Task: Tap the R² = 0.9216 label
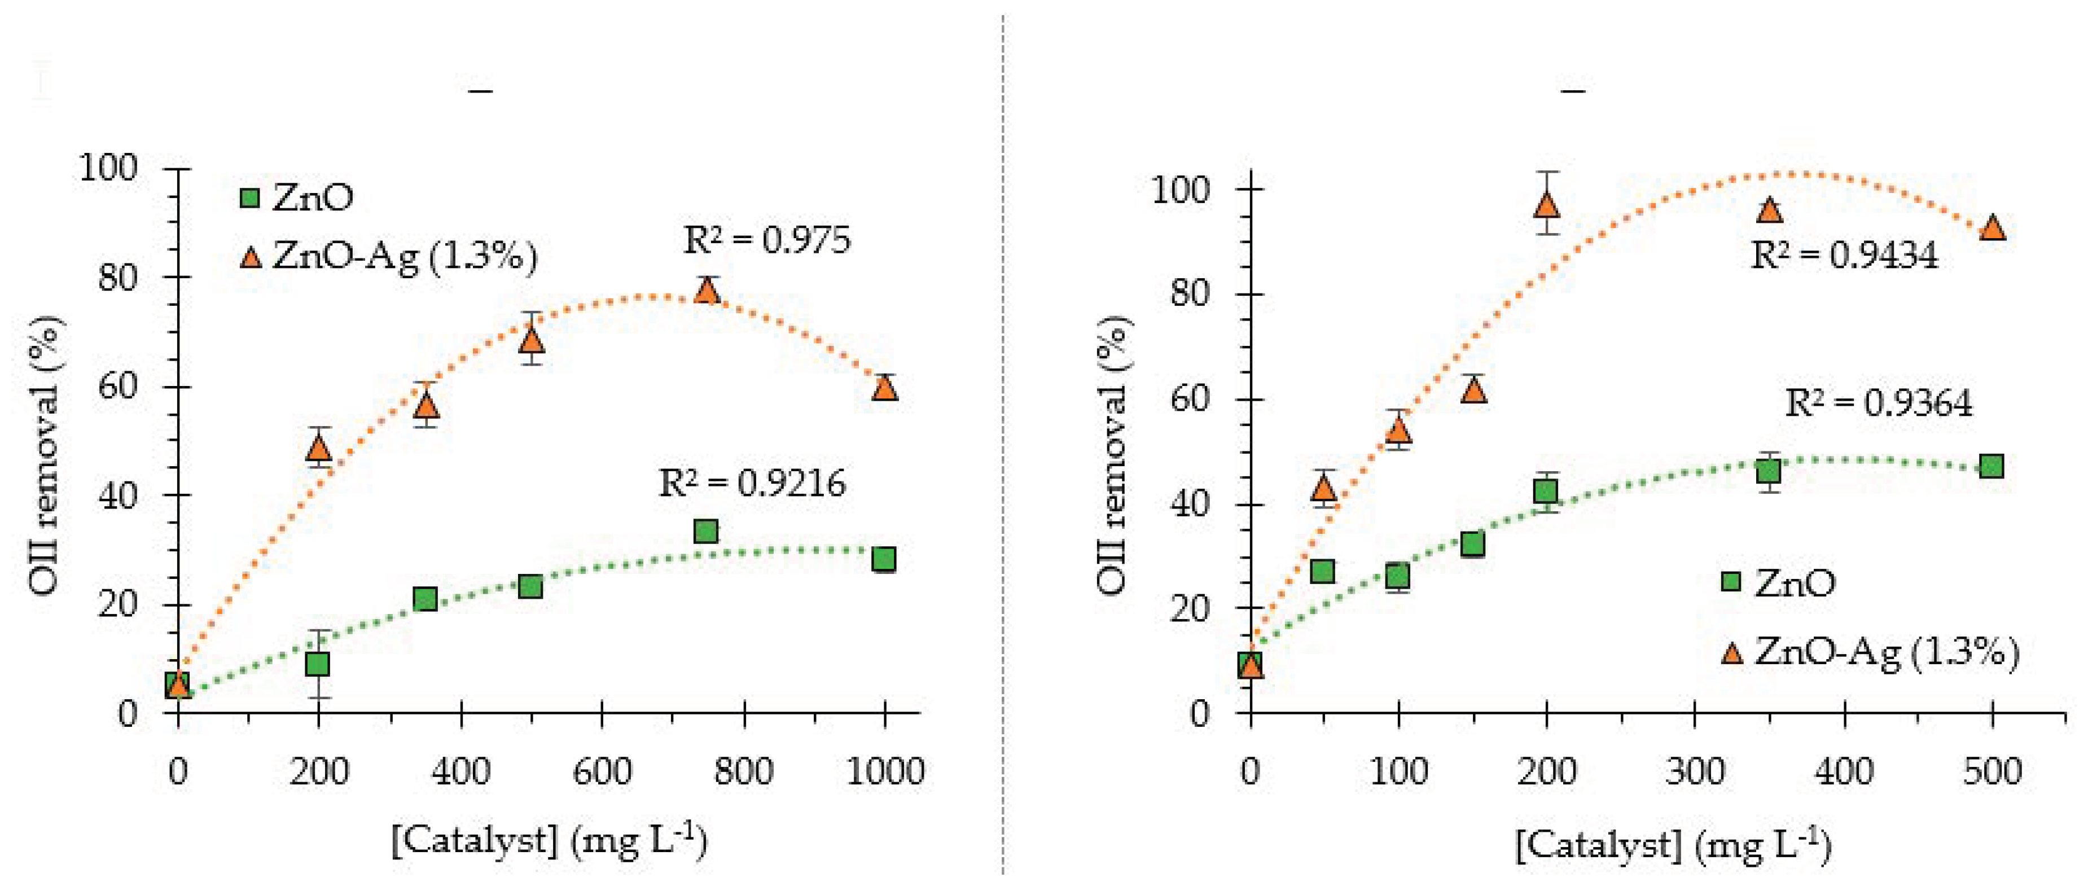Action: tap(752, 483)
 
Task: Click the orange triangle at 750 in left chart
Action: tap(707, 290)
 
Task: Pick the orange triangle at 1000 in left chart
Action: tap(884, 388)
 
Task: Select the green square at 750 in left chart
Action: tap(705, 532)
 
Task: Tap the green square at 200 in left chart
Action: tap(318, 664)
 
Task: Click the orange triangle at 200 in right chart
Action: tap(1547, 204)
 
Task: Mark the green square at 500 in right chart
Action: tap(1991, 466)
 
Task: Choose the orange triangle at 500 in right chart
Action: tap(1993, 228)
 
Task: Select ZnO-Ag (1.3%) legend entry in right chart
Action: tap(1869, 652)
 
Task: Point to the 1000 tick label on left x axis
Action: tap(884, 771)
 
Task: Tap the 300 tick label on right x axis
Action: tap(1695, 771)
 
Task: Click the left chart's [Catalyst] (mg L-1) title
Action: tap(549, 841)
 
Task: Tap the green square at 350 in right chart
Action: tap(1769, 471)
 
